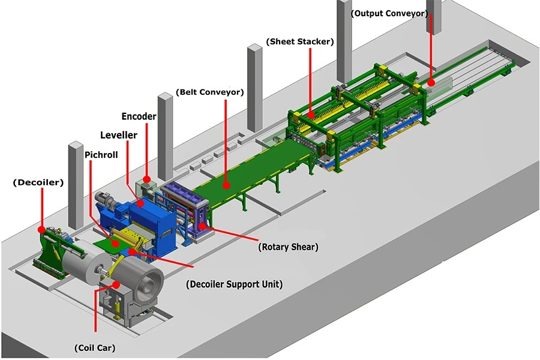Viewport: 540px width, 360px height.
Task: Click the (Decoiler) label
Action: tap(37, 182)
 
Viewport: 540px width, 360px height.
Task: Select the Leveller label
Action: tap(118, 135)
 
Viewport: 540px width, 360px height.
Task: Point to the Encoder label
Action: tap(139, 116)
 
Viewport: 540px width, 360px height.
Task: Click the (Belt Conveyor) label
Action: tap(209, 92)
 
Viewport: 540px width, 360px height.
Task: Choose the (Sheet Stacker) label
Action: tap(299, 41)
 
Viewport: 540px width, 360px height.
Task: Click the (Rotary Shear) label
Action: tap(288, 247)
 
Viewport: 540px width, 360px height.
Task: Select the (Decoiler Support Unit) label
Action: tap(234, 284)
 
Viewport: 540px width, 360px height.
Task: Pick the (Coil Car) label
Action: tap(94, 347)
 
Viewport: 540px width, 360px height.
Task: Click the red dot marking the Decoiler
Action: tap(41, 229)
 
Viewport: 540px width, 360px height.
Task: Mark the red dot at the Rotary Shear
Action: tap(202, 226)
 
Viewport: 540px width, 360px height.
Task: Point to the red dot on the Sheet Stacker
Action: tap(311, 114)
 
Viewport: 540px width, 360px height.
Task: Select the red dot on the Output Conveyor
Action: tap(430, 82)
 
